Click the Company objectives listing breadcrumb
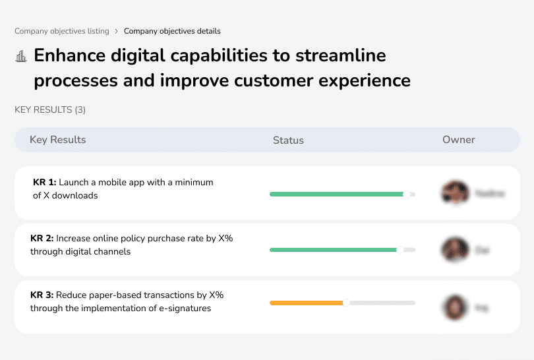coord(62,31)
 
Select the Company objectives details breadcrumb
coord(172,31)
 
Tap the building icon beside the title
coord(21,57)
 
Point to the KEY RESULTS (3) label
coord(50,109)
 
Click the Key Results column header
coord(58,140)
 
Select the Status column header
coord(288,140)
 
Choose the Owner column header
coord(459,140)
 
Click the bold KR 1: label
coord(44,183)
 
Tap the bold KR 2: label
coord(43,239)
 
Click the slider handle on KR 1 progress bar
coord(407,194)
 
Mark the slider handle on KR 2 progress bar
coord(400,250)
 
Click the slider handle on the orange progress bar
coord(346,303)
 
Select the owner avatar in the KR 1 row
coord(455,193)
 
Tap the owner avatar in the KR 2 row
coord(455,250)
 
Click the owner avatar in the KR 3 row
coord(455,307)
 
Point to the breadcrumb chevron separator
coord(117,31)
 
